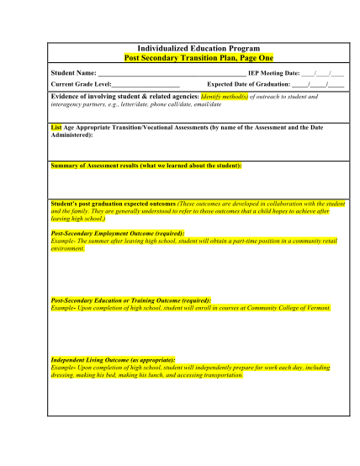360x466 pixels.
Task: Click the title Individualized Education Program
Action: point(199,50)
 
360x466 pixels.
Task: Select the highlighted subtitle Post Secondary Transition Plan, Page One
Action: point(199,59)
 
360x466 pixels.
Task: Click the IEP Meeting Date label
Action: point(273,74)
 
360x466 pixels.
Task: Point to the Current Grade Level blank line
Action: point(146,85)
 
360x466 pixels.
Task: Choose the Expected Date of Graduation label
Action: point(248,85)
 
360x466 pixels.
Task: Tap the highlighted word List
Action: point(56,127)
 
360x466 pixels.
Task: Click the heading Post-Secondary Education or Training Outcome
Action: point(131,300)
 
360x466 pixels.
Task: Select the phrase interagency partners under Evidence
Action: point(80,104)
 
